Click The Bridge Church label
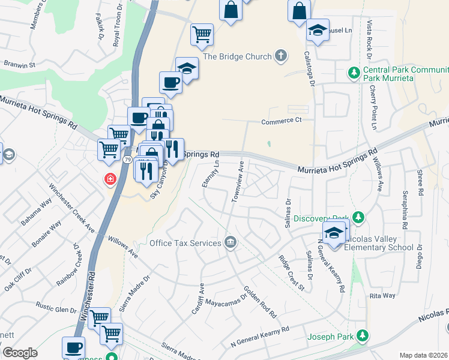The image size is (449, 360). [x=237, y=56]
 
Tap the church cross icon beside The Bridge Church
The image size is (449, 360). [x=280, y=56]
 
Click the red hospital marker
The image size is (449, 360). [x=110, y=179]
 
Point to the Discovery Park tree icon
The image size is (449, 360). [x=358, y=217]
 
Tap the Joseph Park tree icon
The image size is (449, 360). [x=362, y=335]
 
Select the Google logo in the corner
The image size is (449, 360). [x=20, y=353]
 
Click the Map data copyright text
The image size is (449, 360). [x=423, y=355]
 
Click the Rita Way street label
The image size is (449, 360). [x=382, y=296]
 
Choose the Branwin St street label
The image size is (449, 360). [x=19, y=64]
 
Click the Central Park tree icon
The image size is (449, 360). [x=354, y=73]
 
